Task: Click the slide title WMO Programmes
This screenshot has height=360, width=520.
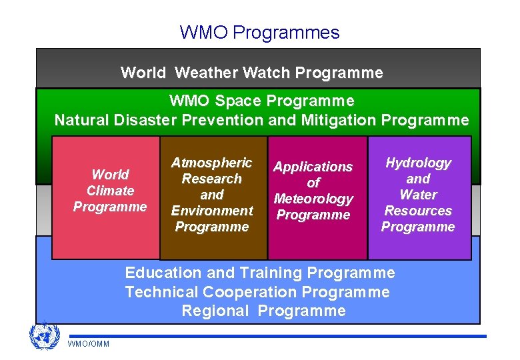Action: pyautogui.click(x=259, y=32)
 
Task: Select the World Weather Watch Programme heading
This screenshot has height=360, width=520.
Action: pyautogui.click(x=252, y=73)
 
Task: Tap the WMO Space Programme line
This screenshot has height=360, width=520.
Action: pyautogui.click(x=261, y=101)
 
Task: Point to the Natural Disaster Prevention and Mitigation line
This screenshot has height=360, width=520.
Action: pyautogui.click(x=261, y=121)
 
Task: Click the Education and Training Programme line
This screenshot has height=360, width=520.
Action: pyautogui.click(x=260, y=273)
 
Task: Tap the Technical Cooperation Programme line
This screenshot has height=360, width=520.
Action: pyautogui.click(x=257, y=292)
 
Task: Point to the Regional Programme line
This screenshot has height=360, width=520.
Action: pyautogui.click(x=263, y=311)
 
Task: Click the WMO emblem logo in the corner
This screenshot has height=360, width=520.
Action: pyautogui.click(x=44, y=337)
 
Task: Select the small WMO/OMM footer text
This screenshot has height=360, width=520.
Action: pyautogui.click(x=89, y=343)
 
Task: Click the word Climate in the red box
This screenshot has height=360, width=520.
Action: pyautogui.click(x=110, y=191)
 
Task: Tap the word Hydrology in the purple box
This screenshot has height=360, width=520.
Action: pyautogui.click(x=418, y=163)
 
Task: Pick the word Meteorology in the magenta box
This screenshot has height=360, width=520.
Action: pyautogui.click(x=313, y=199)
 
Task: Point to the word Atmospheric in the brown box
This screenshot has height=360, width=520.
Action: pyautogui.click(x=211, y=163)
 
